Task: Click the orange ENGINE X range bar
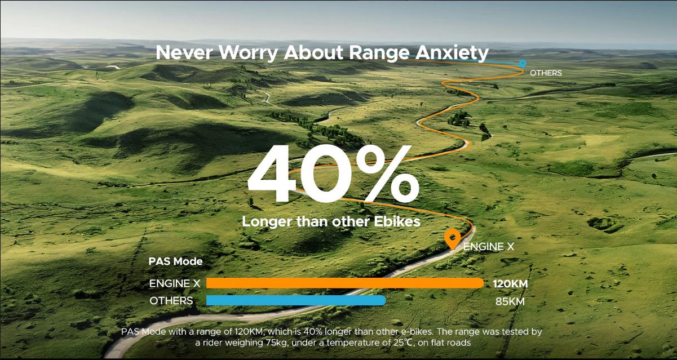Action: [x=345, y=283]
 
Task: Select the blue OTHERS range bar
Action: [x=296, y=300]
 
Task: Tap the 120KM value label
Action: [x=510, y=284]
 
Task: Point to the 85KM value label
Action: [x=510, y=301]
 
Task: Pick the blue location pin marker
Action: [x=522, y=63]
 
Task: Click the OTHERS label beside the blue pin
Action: [x=546, y=73]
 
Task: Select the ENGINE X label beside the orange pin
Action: [x=488, y=247]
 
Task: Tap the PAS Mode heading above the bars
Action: [x=175, y=261]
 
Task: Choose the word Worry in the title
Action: [x=248, y=53]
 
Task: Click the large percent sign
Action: [x=388, y=174]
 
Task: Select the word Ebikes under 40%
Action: [x=397, y=221]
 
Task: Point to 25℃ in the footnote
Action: [x=402, y=343]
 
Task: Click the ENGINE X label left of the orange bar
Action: [x=175, y=283]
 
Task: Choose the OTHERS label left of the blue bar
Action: [x=171, y=301]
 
